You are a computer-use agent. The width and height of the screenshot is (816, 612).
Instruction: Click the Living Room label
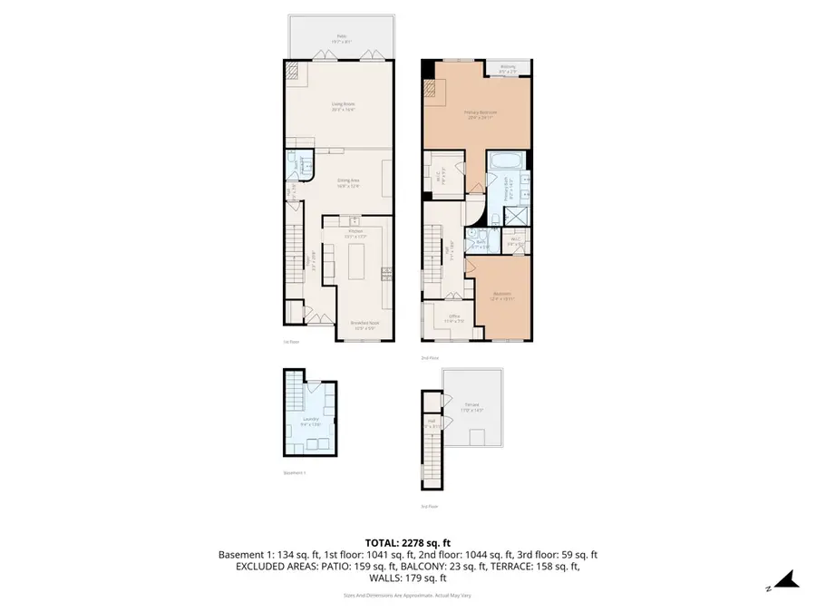point(342,106)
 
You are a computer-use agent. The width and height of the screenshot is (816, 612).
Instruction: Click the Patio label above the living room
point(341,37)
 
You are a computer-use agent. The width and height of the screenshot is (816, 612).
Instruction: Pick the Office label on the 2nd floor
point(453,317)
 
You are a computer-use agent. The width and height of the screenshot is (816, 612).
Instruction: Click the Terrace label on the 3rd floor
point(472,407)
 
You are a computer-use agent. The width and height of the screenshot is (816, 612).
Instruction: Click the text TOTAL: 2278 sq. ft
point(407,541)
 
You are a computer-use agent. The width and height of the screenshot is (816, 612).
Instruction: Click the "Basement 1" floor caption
point(294,472)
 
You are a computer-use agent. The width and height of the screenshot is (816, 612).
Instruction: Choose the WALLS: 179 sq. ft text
point(407,578)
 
